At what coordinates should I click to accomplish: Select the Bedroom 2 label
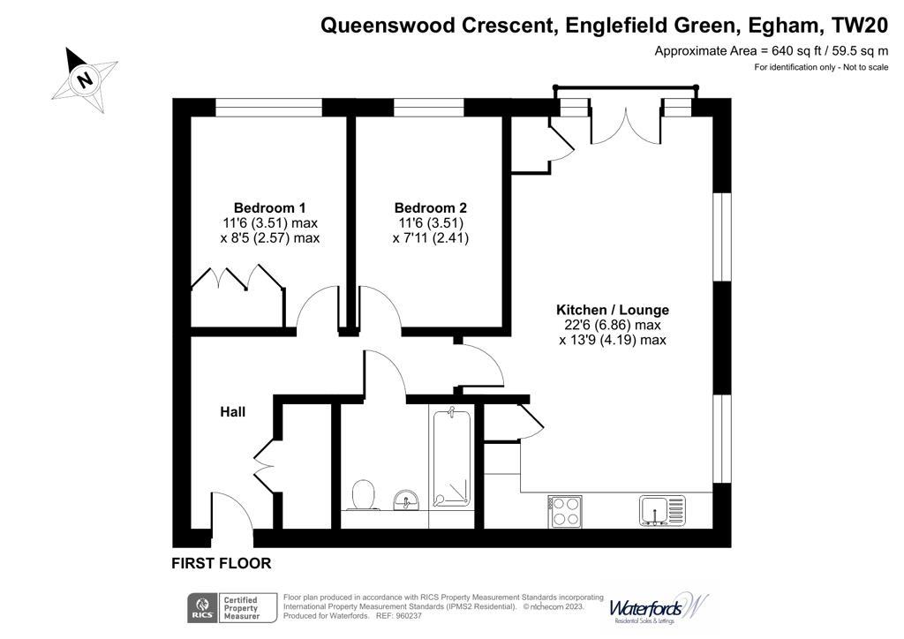430,207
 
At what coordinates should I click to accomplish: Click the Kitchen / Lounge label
612,310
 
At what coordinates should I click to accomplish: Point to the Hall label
232,412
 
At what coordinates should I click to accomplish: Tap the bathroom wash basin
406,500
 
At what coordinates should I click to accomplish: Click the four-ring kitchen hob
565,510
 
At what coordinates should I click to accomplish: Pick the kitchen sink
661,509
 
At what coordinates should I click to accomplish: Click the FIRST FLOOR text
221,563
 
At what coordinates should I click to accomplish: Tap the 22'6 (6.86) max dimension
612,325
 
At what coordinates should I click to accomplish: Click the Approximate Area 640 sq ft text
771,51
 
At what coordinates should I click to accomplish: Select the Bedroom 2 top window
428,108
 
